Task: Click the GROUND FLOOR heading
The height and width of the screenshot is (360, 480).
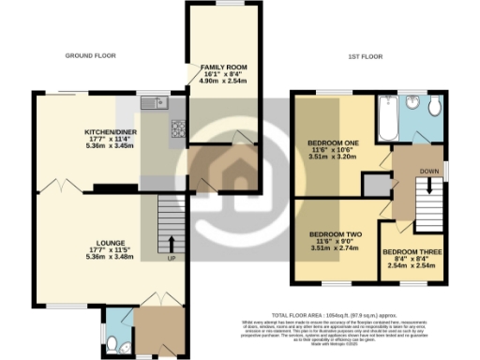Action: pos(90,56)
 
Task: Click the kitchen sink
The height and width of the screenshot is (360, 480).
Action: pos(153,103)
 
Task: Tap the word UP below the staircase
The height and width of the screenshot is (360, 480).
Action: pos(171,257)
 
